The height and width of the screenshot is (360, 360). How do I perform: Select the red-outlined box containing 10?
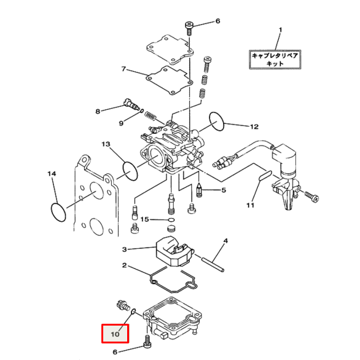tap(115, 334)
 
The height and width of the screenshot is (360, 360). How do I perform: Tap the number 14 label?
tap(52, 174)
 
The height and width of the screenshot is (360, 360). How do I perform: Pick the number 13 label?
tap(105, 144)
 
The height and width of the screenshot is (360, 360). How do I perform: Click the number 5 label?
tap(224, 190)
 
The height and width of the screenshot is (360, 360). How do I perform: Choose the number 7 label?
tap(123, 69)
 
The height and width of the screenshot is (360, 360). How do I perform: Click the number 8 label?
tap(97, 111)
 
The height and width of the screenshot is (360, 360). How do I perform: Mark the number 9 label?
tap(121, 123)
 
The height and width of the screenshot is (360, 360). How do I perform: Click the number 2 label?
tap(124, 266)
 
